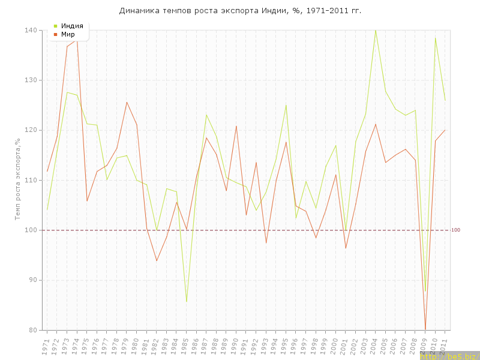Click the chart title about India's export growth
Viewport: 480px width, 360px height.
pyautogui.click(x=240, y=11)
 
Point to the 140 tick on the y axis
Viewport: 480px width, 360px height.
pyautogui.click(x=31, y=31)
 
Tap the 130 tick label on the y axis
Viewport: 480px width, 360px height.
pyautogui.click(x=31, y=80)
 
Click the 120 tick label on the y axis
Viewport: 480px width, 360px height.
pyautogui.click(x=31, y=130)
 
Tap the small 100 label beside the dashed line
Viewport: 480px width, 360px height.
pyautogui.click(x=455, y=230)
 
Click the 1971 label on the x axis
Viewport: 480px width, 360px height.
pyautogui.click(x=46, y=346)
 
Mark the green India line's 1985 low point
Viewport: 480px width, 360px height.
pyautogui.click(x=187, y=301)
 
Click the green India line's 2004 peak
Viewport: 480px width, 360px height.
pyautogui.click(x=376, y=30)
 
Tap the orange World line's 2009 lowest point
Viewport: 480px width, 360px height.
pyautogui.click(x=425, y=329)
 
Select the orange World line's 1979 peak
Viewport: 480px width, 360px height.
pyautogui.click(x=127, y=102)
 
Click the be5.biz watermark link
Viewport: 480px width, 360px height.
pyautogui.click(x=449, y=356)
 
